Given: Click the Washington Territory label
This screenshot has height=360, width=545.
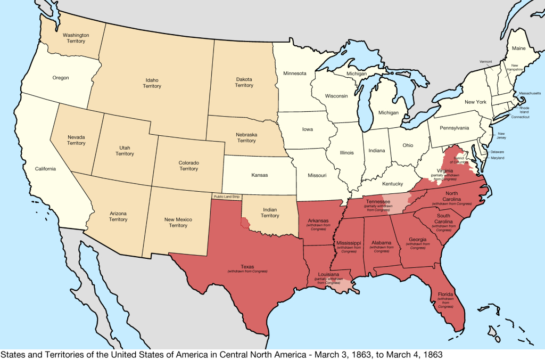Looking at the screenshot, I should [76, 38].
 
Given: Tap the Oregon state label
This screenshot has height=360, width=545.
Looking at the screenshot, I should [61, 78].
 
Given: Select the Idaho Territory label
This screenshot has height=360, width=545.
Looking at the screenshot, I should [152, 83].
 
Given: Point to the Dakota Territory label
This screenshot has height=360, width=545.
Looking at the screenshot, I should [244, 83].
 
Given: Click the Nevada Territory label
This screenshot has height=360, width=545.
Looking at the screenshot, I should [76, 140].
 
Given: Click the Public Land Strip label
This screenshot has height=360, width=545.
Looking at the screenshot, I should [226, 197].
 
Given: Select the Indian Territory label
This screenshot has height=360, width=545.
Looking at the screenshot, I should [270, 212].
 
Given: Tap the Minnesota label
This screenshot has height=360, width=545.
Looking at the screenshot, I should [294, 73].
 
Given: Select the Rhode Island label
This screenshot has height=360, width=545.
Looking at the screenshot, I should [524, 110].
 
